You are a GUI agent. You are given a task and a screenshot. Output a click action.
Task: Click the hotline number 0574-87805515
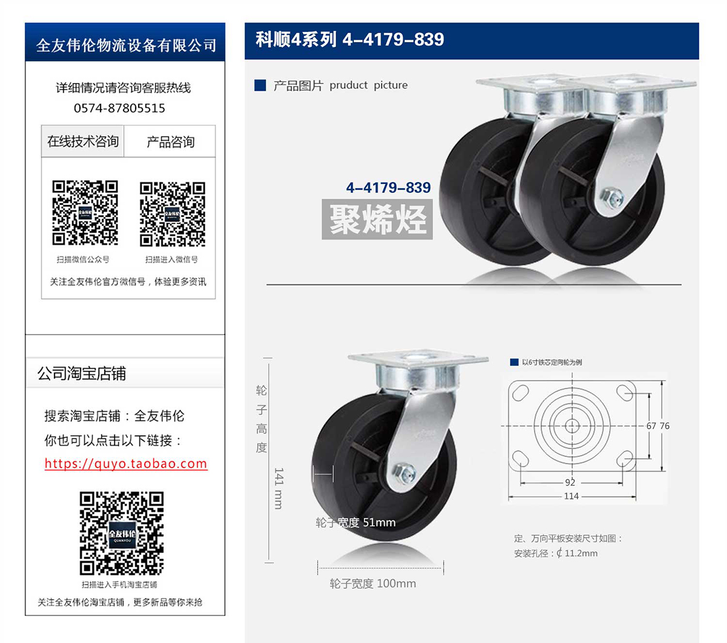click(x=119, y=108)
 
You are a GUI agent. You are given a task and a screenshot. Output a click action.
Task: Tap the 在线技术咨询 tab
click(x=83, y=141)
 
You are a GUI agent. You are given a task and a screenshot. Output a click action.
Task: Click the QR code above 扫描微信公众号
click(x=85, y=213)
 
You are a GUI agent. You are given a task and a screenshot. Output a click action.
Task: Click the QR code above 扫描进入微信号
click(x=173, y=214)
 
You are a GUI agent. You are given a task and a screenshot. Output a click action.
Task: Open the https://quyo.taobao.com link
click(x=126, y=463)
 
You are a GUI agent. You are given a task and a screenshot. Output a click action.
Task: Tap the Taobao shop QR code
click(x=122, y=533)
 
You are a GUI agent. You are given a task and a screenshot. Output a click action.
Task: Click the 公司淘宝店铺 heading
click(x=81, y=374)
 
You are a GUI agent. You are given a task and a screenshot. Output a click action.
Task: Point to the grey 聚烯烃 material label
click(x=377, y=219)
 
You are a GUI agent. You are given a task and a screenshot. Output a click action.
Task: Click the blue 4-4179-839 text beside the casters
click(x=388, y=188)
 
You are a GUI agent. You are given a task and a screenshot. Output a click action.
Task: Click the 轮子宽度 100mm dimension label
click(x=373, y=584)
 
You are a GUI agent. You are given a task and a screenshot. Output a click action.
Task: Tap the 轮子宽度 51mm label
click(x=356, y=523)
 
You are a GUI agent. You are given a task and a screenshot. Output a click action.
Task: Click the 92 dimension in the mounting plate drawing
click(x=570, y=483)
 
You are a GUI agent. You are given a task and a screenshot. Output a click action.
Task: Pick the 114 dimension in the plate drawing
click(x=571, y=496)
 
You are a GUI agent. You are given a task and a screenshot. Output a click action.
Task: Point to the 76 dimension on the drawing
click(x=665, y=426)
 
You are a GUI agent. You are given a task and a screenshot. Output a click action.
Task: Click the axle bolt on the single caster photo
click(x=405, y=473)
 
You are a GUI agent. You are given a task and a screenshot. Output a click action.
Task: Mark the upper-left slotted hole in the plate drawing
click(x=520, y=393)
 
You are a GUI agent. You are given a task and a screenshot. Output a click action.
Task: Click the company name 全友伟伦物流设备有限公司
click(x=126, y=45)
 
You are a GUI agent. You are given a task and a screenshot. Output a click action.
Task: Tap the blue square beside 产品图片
click(x=260, y=85)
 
